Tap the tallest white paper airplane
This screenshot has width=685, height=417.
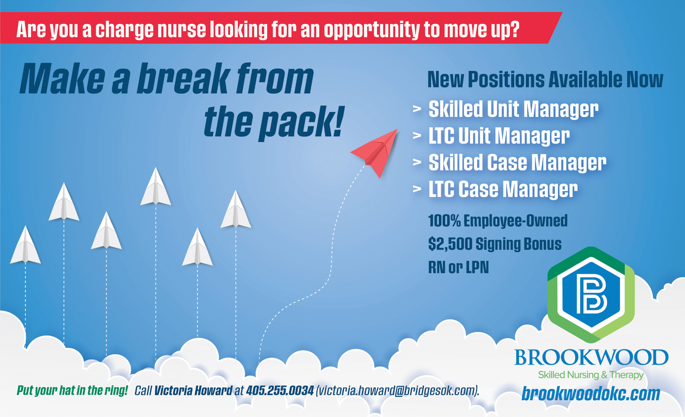pos(156,187)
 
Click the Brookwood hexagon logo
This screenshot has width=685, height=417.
pos(591,295)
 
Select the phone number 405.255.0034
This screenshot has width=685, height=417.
pos(280,390)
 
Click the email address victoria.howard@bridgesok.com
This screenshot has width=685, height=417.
pos(397,391)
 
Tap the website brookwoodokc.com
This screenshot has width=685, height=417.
pos(591,393)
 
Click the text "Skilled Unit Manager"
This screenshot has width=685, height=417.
pos(513,109)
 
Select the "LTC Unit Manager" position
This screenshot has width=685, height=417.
pos(499,136)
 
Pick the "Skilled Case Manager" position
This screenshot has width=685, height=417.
pos(517,162)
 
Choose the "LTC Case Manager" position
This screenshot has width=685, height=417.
pos(503,189)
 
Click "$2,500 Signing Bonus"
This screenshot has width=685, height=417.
pos(495,244)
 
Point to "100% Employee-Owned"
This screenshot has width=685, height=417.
pos(498,221)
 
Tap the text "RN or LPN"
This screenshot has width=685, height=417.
pos(458,267)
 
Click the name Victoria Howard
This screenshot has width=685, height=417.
pos(193,390)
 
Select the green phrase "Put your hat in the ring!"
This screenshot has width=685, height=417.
pos(72,390)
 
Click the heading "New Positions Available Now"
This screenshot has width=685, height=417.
pos(545,79)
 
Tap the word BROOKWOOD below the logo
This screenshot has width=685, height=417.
pos(591,357)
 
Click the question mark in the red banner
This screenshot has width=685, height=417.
pos(514,29)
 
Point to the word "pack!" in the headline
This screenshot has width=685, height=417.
pos(302,122)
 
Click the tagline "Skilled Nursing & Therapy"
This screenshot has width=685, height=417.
pos(591,375)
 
